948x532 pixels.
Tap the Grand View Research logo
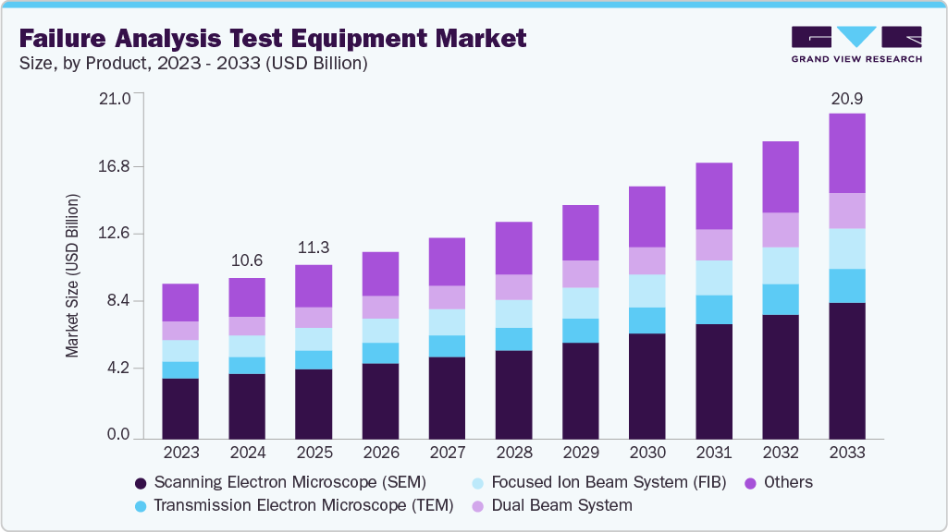(x=856, y=43)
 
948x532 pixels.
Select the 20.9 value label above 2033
(x=847, y=98)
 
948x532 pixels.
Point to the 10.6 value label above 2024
(x=247, y=261)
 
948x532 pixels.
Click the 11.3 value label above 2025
(x=314, y=248)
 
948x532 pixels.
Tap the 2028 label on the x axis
(x=514, y=453)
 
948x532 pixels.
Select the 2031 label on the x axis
(x=714, y=453)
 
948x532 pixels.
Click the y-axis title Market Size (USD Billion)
(x=72, y=276)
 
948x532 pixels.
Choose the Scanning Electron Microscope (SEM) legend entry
(x=280, y=482)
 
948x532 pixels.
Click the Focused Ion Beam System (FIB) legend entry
(x=598, y=482)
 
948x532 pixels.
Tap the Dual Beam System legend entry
(x=552, y=505)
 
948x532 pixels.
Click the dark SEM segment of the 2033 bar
(x=847, y=369)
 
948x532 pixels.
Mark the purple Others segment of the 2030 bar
(x=647, y=216)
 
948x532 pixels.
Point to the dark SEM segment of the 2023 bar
(x=180, y=407)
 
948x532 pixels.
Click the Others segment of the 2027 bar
(x=448, y=261)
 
